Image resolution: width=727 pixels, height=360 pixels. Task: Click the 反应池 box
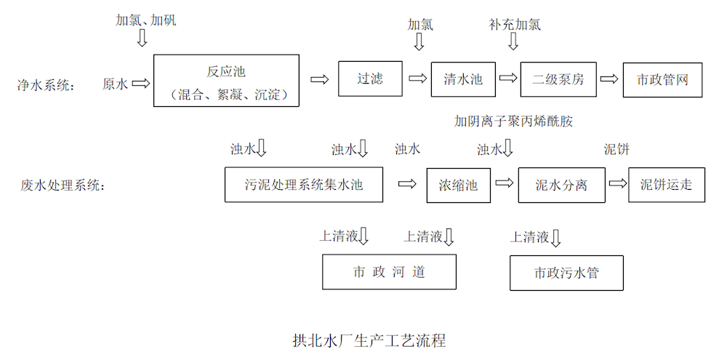click(x=226, y=81)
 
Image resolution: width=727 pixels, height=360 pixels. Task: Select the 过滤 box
click(x=370, y=79)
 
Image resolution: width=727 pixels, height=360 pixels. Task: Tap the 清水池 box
click(x=463, y=79)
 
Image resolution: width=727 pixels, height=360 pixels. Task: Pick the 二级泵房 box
click(x=558, y=79)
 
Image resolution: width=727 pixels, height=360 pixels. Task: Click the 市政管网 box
click(x=662, y=79)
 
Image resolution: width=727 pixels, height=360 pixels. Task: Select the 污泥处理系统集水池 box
click(x=304, y=185)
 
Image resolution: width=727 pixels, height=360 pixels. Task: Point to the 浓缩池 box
click(x=458, y=185)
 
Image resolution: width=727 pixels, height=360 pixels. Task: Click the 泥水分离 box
click(x=561, y=185)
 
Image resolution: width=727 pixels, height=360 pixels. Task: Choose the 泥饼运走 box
click(x=667, y=185)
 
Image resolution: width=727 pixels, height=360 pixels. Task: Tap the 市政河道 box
click(x=389, y=272)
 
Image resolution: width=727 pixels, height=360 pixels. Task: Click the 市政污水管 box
click(x=566, y=273)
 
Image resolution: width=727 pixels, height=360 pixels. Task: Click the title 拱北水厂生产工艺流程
click(x=369, y=340)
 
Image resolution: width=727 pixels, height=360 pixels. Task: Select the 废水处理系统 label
click(x=63, y=185)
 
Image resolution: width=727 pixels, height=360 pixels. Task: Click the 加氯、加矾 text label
click(x=145, y=20)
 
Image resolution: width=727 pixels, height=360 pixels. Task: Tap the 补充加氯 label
click(x=515, y=25)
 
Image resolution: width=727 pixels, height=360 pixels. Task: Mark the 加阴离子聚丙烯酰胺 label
click(x=513, y=121)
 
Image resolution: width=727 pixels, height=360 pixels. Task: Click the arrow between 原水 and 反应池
click(x=141, y=84)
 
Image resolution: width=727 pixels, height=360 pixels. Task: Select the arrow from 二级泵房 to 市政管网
click(x=609, y=79)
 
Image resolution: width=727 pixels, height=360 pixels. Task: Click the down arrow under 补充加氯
click(x=513, y=42)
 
